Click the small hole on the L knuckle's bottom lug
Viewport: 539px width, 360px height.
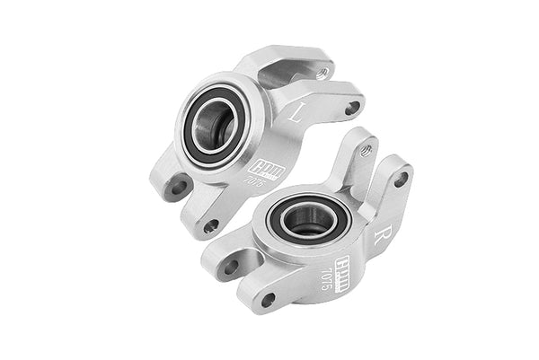tap(210, 225)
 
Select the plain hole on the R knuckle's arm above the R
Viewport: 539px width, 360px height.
tap(400, 180)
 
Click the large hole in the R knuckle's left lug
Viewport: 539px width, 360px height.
tap(231, 266)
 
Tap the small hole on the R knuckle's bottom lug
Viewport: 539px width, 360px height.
tap(267, 299)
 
